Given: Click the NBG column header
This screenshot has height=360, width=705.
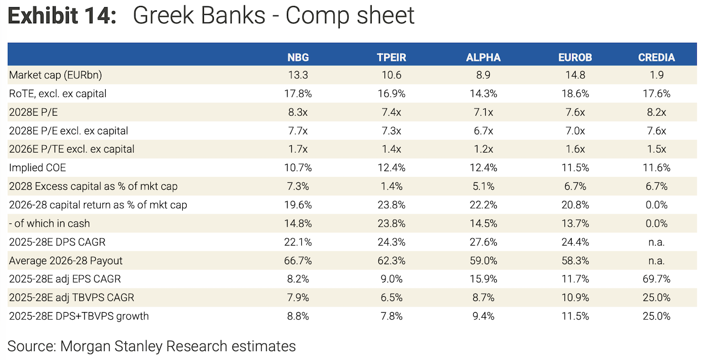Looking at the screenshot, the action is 298,57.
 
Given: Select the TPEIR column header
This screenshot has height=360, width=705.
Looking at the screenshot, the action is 391,57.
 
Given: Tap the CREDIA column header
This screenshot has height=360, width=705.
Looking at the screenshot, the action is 656,57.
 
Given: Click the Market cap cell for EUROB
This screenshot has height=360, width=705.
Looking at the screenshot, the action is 575,75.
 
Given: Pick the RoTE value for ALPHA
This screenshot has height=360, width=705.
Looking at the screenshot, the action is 483,94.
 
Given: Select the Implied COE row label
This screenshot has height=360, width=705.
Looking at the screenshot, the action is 37,168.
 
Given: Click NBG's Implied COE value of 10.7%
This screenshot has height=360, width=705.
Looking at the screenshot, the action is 298,168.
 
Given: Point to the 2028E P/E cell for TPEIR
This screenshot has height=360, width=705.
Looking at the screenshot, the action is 391,112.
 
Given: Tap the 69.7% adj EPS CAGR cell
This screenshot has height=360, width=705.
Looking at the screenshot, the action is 656,279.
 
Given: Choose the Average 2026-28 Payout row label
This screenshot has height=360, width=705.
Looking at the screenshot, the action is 66,260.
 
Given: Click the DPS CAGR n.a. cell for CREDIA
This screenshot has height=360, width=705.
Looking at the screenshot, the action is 656,242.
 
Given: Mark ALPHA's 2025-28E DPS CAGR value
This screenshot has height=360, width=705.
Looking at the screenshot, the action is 483,242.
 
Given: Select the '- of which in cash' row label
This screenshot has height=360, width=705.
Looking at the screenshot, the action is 50,223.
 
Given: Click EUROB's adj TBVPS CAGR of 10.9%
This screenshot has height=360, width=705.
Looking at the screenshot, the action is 575,297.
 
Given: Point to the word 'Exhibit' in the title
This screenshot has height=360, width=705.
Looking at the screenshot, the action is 43,15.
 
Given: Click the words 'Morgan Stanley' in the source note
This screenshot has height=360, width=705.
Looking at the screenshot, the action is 111,346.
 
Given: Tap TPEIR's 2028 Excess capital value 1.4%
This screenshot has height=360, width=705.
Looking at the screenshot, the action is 391,186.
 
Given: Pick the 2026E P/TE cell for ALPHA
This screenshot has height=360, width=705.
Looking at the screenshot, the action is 483,149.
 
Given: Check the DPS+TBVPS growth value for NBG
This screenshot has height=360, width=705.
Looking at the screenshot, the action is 298,316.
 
